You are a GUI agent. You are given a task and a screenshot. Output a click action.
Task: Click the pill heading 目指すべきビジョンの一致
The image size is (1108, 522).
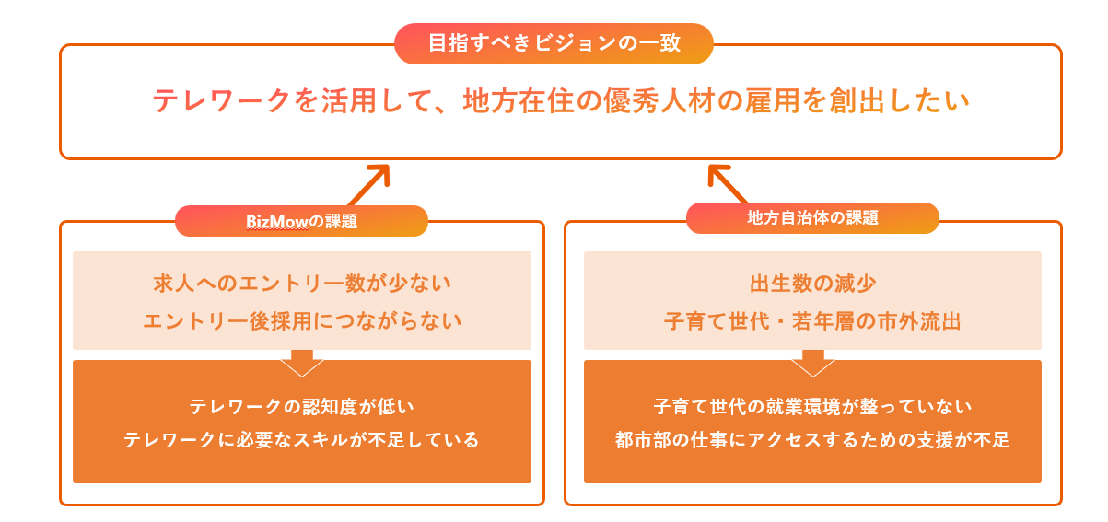(554, 43)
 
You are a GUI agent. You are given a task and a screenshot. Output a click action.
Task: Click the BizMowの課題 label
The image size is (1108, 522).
(301, 221)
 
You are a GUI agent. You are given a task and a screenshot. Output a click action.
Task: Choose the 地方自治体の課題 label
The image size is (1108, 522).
(812, 218)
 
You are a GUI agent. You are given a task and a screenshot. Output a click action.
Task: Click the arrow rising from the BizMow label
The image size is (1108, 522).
(368, 183)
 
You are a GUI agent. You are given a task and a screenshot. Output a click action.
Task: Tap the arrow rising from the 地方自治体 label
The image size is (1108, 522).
(729, 182)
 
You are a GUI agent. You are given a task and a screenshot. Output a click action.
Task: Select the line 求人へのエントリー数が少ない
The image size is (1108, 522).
(302, 283)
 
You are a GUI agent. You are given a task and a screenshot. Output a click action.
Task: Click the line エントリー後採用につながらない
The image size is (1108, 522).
(302, 321)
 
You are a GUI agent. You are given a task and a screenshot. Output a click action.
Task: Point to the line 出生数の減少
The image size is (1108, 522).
(812, 283)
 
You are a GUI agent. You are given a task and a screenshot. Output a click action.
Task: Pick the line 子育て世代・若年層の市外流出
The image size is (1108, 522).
(812, 321)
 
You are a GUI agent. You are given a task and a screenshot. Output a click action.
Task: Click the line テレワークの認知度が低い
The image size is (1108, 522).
(302, 405)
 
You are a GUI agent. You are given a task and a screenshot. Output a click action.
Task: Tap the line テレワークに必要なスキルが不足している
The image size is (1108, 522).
(302, 440)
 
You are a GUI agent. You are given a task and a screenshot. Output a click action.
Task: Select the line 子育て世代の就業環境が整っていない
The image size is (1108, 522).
(812, 405)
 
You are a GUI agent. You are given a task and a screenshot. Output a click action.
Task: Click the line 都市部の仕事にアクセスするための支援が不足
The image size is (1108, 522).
(812, 440)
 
